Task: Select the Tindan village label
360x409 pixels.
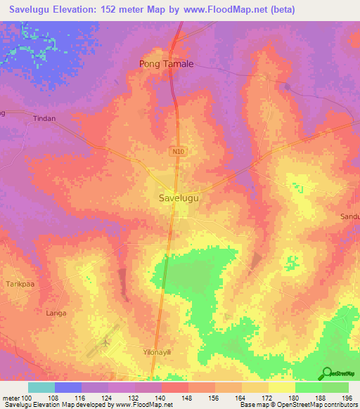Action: pyautogui.click(x=44, y=119)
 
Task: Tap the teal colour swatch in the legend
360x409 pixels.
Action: pyautogui.click(x=41, y=387)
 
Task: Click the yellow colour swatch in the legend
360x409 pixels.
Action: pyautogui.click(x=281, y=387)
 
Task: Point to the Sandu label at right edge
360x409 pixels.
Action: pyautogui.click(x=350, y=217)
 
